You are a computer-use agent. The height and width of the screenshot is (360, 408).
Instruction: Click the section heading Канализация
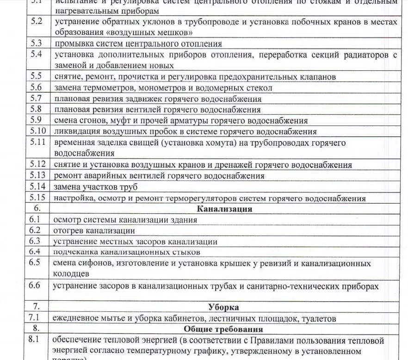224,209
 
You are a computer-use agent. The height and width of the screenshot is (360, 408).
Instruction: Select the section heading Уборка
224,307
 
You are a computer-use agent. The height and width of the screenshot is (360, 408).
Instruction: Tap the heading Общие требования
224,329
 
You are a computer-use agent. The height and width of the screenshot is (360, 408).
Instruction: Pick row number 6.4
35,252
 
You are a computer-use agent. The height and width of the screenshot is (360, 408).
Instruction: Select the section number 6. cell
37,209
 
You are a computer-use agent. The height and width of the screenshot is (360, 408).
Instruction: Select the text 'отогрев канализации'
94,230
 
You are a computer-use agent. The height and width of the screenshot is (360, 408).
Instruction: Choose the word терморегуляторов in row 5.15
203,199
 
